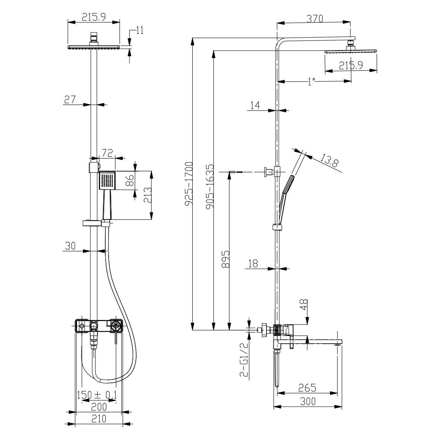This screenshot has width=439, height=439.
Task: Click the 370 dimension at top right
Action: (x=315, y=19)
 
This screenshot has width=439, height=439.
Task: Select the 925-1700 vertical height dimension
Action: (x=189, y=184)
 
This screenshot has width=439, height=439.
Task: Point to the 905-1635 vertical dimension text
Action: (x=210, y=186)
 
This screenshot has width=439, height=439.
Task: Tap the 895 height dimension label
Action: (x=226, y=259)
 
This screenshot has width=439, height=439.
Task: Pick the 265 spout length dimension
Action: (x=307, y=388)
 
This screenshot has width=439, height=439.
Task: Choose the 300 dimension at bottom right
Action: (x=308, y=401)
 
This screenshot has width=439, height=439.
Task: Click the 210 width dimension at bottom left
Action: (x=99, y=418)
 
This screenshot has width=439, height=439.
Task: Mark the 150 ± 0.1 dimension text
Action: (x=97, y=395)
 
